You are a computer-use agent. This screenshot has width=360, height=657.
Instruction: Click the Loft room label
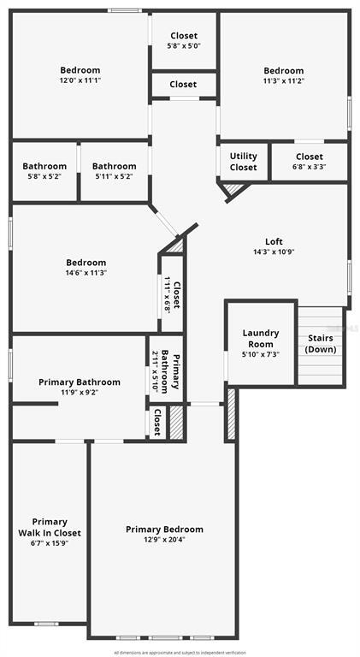click(x=273, y=241)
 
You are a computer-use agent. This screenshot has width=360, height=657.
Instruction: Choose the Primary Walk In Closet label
click(x=49, y=528)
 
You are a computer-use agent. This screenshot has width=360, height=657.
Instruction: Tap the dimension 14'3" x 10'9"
click(x=273, y=252)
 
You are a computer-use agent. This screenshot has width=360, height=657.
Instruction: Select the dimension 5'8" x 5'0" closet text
click(x=183, y=46)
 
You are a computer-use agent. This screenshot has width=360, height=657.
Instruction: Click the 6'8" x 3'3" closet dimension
click(x=309, y=168)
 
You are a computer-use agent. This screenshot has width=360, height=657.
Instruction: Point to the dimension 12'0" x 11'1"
click(x=80, y=80)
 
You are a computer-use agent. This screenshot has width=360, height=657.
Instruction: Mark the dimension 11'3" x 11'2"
click(x=284, y=81)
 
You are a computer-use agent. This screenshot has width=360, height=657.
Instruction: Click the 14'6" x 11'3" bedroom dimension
click(x=86, y=273)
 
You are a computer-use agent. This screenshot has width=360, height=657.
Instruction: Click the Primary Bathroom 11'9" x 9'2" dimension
click(x=80, y=393)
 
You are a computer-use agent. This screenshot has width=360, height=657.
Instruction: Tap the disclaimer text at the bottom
click(x=180, y=651)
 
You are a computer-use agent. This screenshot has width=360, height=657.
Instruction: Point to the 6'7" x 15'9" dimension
click(x=49, y=542)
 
